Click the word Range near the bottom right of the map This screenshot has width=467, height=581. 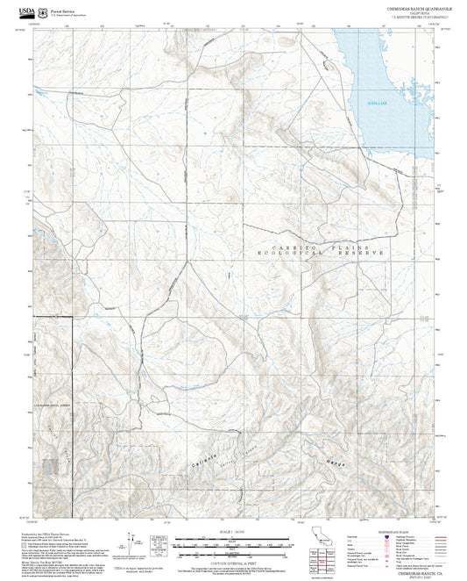pos(335,463)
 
